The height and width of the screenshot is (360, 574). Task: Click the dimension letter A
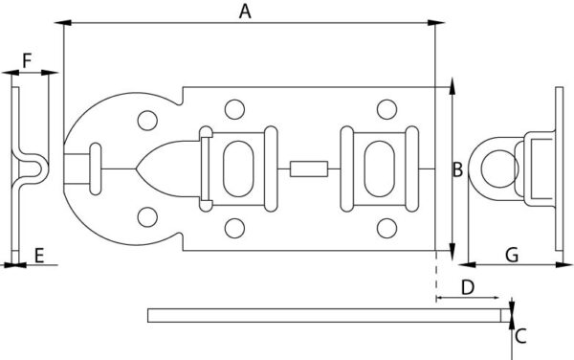(x=245, y=11)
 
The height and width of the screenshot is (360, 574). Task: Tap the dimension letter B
(x=457, y=169)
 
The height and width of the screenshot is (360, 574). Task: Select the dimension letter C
(x=520, y=336)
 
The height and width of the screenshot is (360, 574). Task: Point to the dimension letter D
(x=468, y=287)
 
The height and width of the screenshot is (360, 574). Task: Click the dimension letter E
(x=39, y=256)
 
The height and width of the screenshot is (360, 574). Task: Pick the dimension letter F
(x=27, y=60)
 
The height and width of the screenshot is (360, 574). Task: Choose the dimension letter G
(x=512, y=256)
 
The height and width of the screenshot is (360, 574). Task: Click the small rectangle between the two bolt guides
(x=309, y=169)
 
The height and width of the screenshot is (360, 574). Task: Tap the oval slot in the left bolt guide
(x=238, y=169)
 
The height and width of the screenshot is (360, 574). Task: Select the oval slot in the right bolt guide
(x=380, y=169)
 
